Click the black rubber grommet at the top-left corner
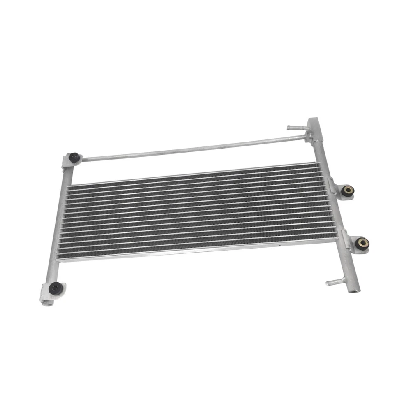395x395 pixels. pyautogui.click(x=74, y=157)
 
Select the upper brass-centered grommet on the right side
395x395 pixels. pyautogui.click(x=349, y=191)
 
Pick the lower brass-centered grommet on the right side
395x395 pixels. pyautogui.click(x=362, y=243)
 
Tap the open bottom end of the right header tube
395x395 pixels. pyautogui.click(x=353, y=289)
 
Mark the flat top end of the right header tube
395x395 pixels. pyautogui.click(x=312, y=121)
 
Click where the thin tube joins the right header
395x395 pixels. pyautogui.click(x=307, y=136)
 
